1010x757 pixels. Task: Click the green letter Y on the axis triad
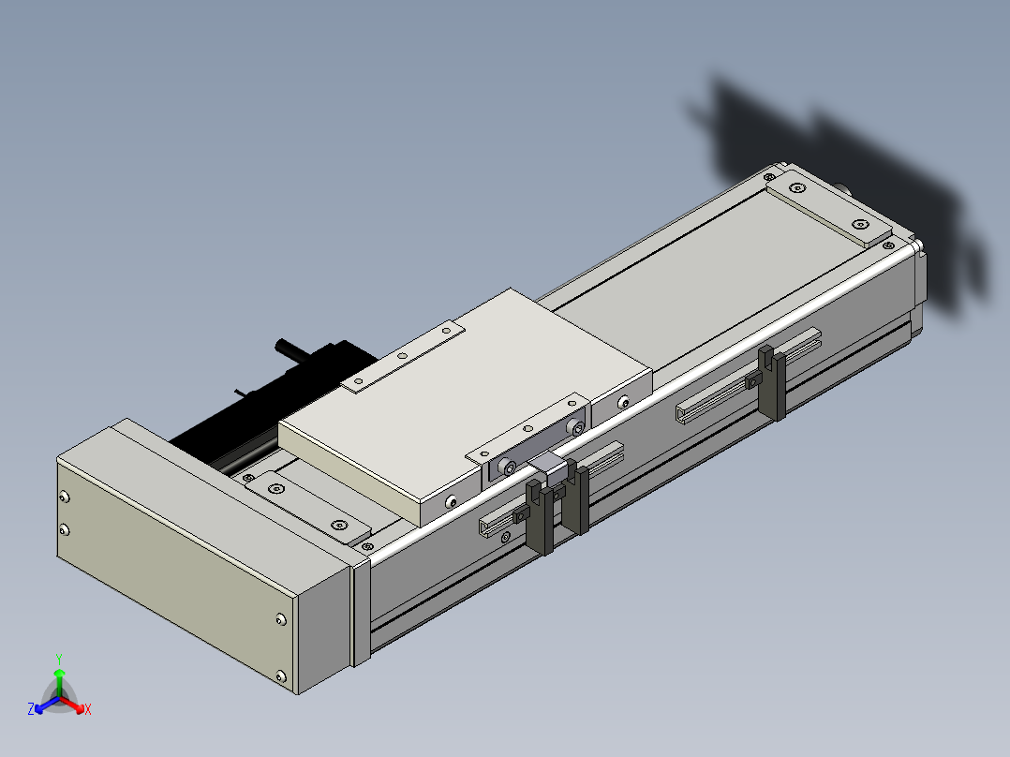[59, 659]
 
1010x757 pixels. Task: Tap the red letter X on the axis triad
[88, 709]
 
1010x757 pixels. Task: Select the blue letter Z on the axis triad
[31, 708]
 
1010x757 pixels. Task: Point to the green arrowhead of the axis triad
[59, 674]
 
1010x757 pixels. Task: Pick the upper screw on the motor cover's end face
[65, 497]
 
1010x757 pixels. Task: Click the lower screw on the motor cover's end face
[64, 529]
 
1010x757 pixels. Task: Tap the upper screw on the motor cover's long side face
[281, 619]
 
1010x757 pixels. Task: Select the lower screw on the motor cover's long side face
[281, 675]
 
